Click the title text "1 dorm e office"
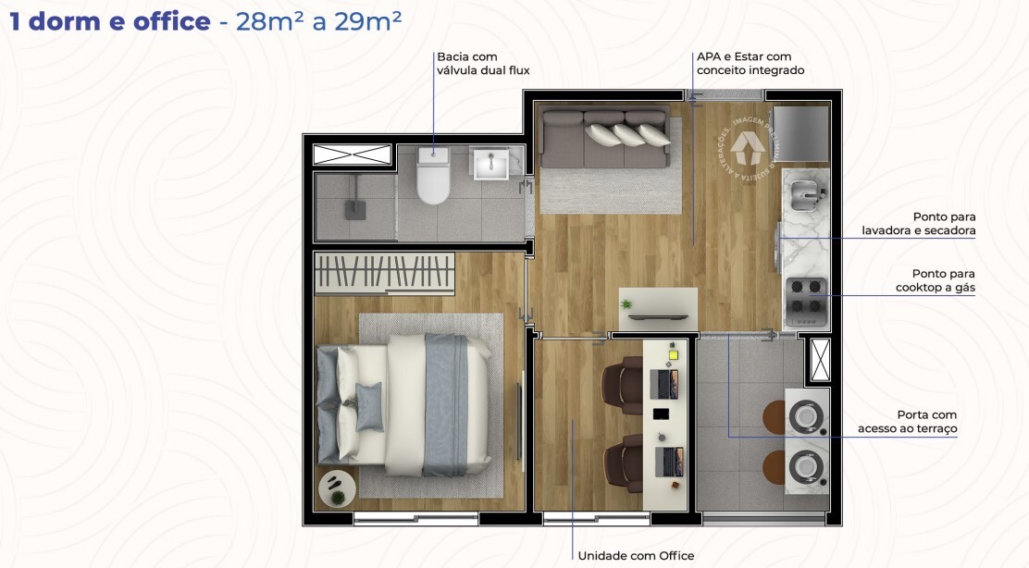click(x=110, y=22)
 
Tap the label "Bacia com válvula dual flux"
click(x=482, y=63)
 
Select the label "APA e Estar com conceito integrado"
click(x=750, y=63)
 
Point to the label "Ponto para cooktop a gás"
click(x=935, y=280)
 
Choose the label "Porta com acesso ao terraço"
click(x=907, y=422)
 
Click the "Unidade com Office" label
click(x=636, y=556)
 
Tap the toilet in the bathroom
click(x=433, y=176)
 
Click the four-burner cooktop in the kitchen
click(x=804, y=299)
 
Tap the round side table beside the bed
click(x=335, y=488)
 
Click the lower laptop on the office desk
click(x=668, y=460)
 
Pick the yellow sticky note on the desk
click(x=673, y=352)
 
